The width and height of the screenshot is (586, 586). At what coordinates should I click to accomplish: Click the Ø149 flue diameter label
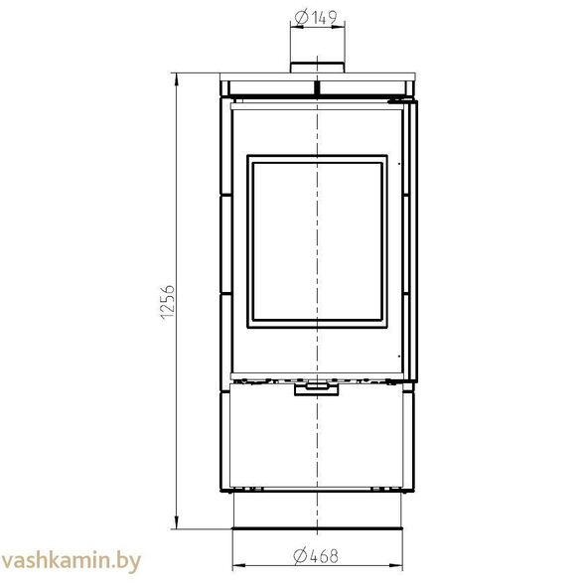click(316, 18)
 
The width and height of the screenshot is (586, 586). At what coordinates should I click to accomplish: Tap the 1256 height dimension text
click(167, 302)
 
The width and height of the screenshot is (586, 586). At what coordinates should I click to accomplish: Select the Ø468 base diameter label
click(316, 556)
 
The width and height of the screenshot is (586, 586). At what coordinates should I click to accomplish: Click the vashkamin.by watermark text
click(71, 561)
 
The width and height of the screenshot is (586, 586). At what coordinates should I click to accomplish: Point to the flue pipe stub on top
click(317, 68)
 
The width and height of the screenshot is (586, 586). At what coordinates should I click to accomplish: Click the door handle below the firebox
click(317, 388)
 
